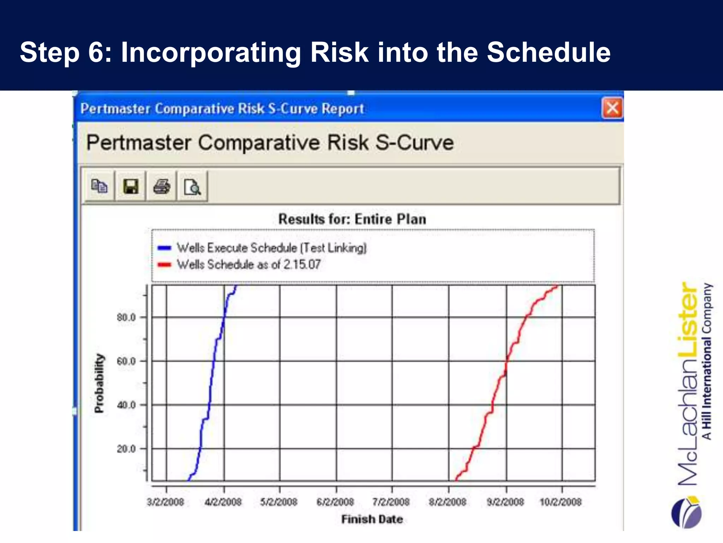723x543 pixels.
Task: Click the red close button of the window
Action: click(x=612, y=108)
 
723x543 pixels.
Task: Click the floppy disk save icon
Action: click(x=131, y=186)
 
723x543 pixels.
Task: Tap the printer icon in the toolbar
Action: click(x=161, y=186)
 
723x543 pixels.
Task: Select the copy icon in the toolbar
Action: click(x=99, y=186)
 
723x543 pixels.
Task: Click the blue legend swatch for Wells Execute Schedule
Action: click(x=165, y=248)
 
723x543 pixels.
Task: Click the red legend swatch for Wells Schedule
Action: click(x=165, y=264)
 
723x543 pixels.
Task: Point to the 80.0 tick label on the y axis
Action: click(x=126, y=317)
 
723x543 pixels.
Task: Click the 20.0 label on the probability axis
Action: click(x=126, y=449)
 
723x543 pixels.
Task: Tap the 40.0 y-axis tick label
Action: click(x=126, y=405)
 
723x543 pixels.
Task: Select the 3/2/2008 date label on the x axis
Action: click(x=165, y=502)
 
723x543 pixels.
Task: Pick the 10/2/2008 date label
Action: click(x=561, y=502)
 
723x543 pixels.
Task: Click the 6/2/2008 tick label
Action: click(x=335, y=502)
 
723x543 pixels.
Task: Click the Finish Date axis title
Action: click(x=372, y=519)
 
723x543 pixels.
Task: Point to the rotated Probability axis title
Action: click(x=100, y=383)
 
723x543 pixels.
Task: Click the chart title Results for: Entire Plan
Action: click(x=352, y=219)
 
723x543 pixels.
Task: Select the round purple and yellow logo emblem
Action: click(x=686, y=512)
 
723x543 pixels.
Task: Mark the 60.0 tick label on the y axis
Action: click(x=126, y=361)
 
